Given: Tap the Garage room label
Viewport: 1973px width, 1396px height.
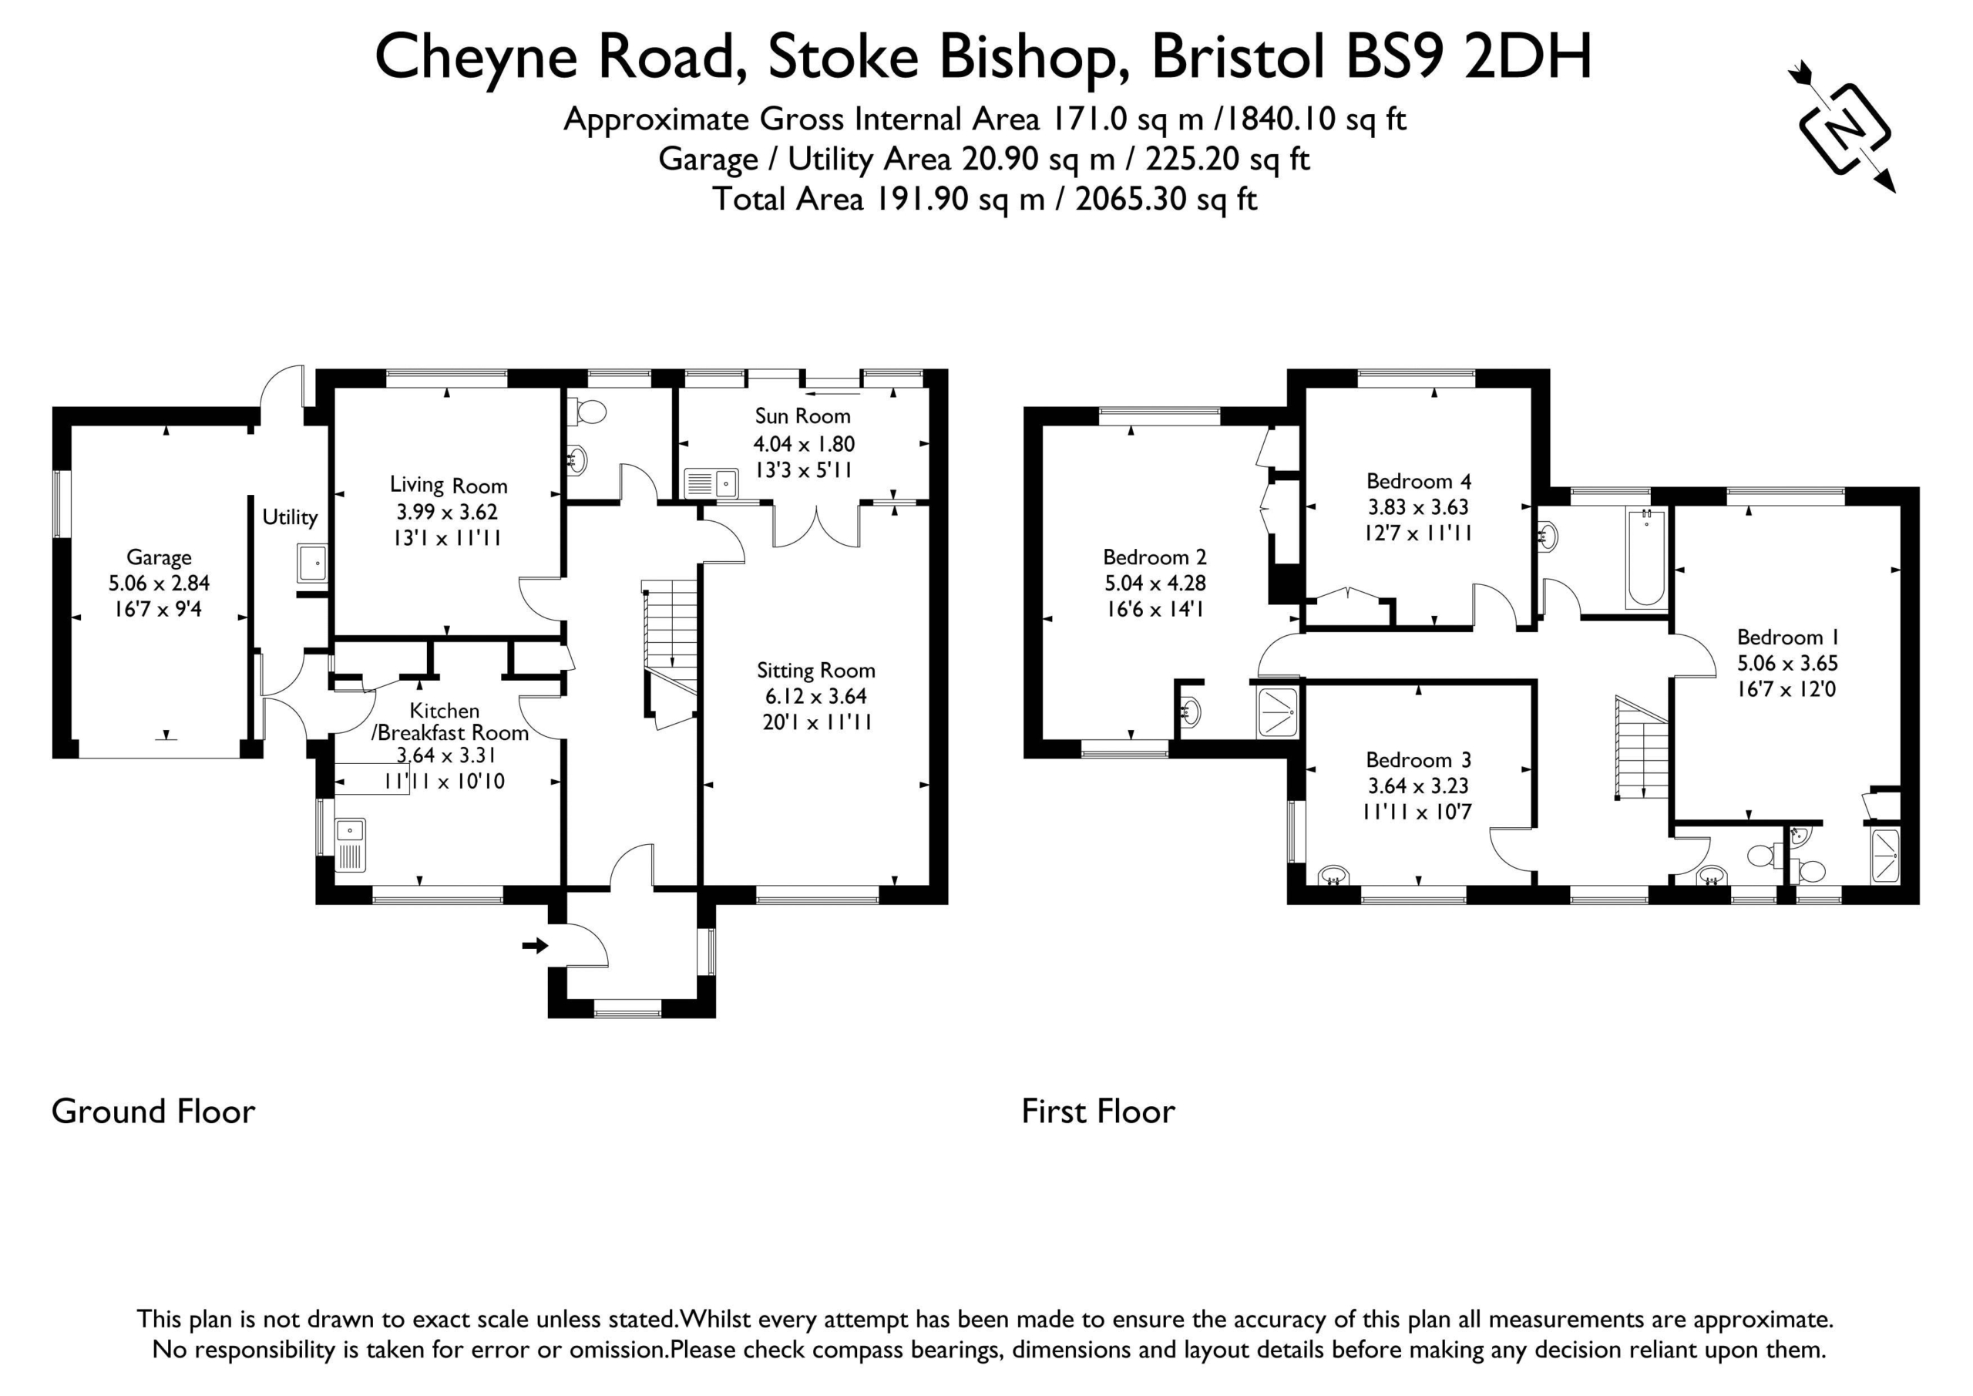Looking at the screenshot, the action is coord(159,557).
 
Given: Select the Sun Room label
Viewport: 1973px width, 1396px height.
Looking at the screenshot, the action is coord(802,416).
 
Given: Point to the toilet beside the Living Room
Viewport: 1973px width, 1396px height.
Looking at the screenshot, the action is coord(588,412).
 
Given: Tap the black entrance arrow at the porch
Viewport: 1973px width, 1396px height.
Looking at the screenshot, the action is coord(535,946).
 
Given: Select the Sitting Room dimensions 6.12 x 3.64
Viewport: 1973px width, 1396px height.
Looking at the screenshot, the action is coord(815,696).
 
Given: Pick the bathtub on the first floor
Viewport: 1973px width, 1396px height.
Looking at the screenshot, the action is coord(1645,558).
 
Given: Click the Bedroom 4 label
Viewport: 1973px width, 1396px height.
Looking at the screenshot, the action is coord(1419,480).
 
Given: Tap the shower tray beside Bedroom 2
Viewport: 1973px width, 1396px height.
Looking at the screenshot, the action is coord(1278,711).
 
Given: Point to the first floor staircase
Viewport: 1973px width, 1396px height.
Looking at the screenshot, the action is coord(1642,748).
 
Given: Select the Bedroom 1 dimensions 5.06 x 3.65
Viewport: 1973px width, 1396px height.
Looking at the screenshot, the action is coord(1787,663).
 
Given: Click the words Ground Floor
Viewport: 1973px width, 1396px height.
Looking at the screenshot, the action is coord(154,1112).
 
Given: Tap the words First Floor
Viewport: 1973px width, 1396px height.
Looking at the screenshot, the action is coord(1098,1112).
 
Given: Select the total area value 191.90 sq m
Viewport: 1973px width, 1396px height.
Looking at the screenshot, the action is coord(960,200).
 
